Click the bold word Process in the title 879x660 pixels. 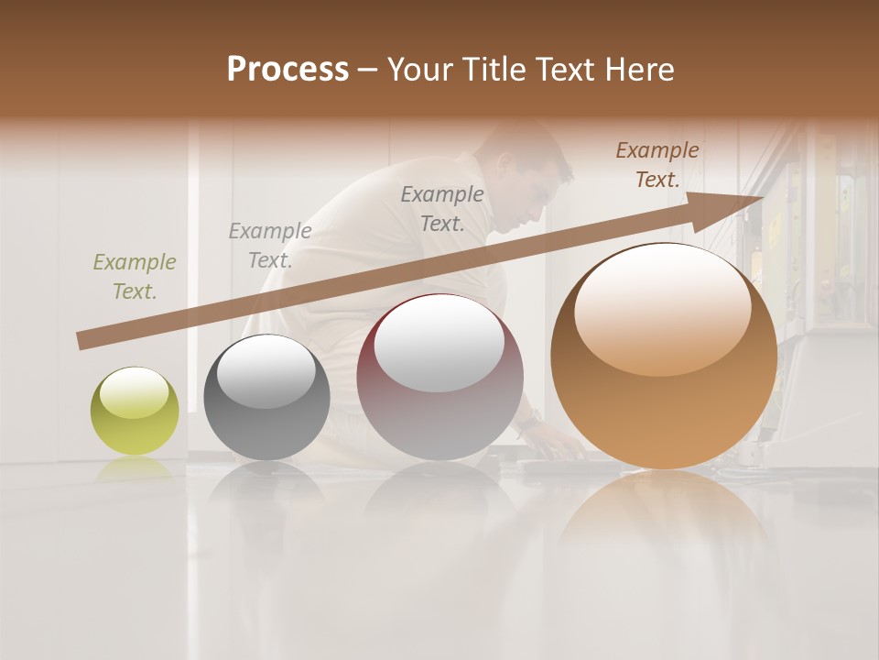[x=288, y=70]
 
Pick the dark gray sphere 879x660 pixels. [x=266, y=397]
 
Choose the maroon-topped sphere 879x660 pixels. [x=439, y=377]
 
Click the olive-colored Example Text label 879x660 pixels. [x=135, y=277]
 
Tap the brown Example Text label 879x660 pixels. [x=657, y=165]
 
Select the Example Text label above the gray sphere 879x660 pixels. [x=270, y=246]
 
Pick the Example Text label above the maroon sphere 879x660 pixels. [x=442, y=208]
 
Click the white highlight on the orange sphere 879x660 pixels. [x=663, y=307]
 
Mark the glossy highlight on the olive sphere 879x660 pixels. [x=134, y=393]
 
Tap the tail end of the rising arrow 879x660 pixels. [x=85, y=340]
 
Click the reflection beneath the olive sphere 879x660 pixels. [x=135, y=468]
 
